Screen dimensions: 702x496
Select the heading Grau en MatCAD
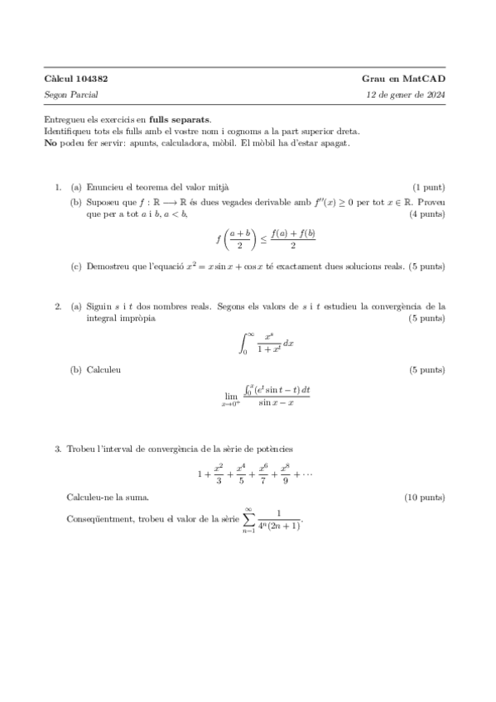[403, 79]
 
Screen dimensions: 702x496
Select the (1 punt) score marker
[428, 189]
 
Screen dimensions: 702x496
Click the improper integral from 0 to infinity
[258, 339]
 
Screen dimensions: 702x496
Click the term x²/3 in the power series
[219, 474]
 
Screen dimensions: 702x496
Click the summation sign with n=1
[248, 518]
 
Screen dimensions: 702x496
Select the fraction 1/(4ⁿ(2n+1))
[279, 520]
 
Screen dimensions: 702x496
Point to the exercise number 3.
[57, 450]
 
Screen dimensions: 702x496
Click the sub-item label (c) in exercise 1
[75, 267]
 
